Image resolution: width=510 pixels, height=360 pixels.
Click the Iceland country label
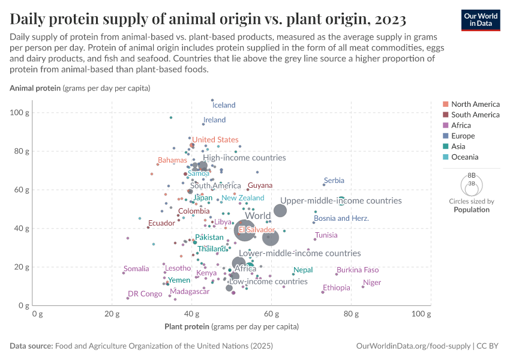[224, 105]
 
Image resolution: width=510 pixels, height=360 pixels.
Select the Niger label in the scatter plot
[372, 283]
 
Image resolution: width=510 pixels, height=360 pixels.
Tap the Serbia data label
[334, 181]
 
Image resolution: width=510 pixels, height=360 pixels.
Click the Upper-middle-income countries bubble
[280, 211]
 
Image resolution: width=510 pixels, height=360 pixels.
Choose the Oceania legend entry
[464, 157]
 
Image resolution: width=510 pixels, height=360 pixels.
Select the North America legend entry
[475, 104]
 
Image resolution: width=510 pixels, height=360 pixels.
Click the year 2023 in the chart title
[388, 19]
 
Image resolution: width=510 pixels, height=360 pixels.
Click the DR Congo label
[145, 294]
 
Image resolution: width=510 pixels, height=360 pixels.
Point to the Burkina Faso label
[358, 270]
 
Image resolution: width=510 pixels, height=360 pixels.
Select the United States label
[215, 140]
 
